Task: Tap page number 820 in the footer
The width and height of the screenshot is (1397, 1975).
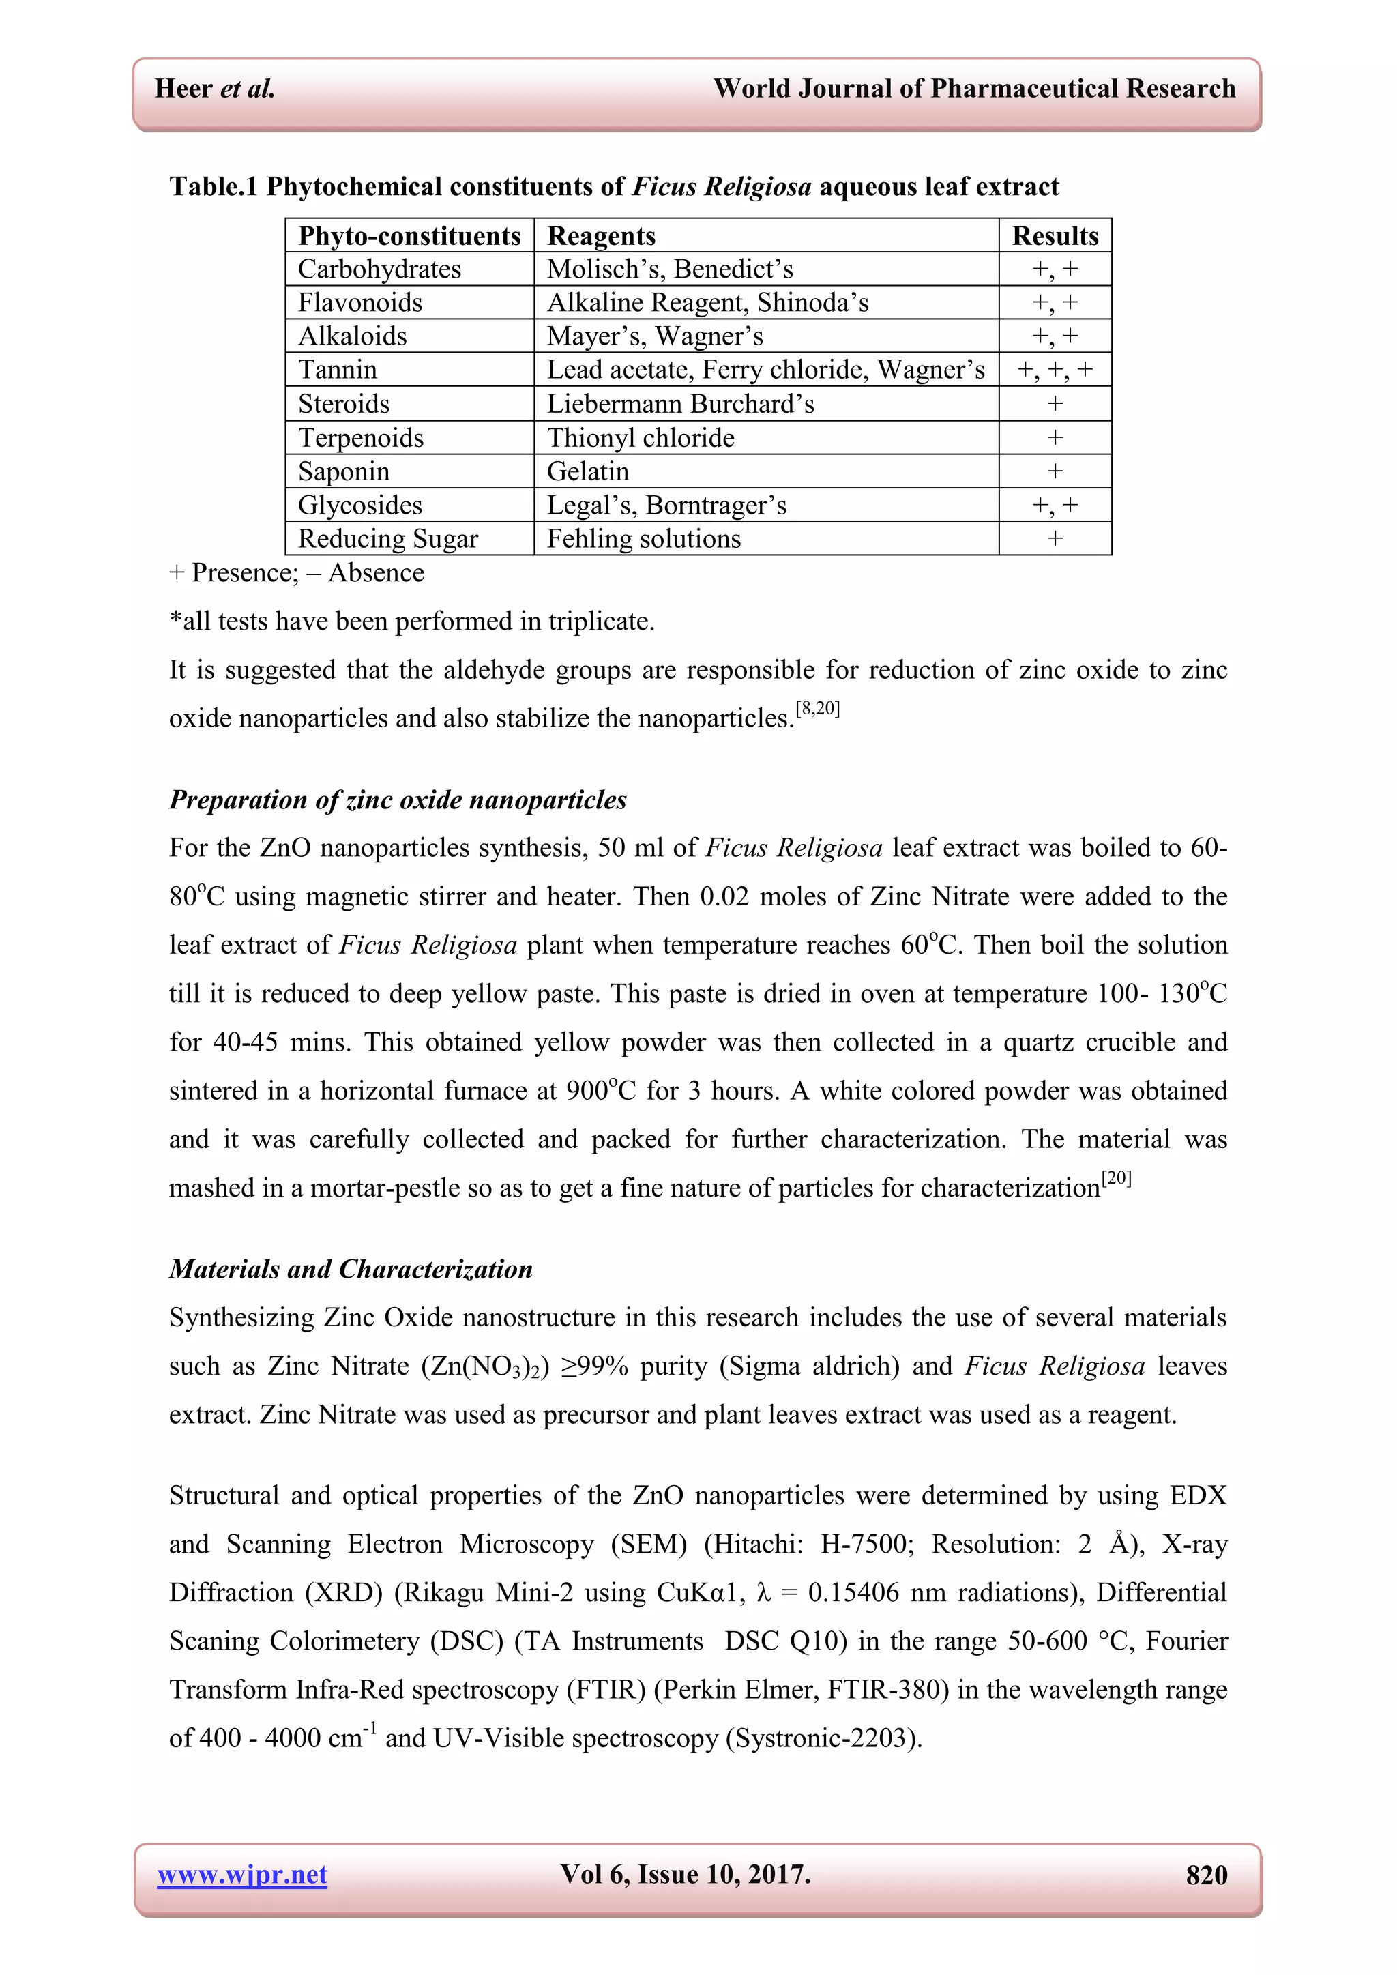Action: click(x=1206, y=1875)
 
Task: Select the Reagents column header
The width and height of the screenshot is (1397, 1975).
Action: click(x=601, y=235)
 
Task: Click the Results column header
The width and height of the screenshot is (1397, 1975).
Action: click(x=1055, y=235)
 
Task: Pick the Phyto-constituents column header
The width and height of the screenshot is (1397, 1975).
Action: click(x=409, y=235)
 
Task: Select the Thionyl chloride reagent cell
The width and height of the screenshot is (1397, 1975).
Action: click(x=641, y=438)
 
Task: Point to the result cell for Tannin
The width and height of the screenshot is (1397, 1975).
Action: click(x=1055, y=370)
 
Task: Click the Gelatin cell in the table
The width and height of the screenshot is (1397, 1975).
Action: click(x=589, y=471)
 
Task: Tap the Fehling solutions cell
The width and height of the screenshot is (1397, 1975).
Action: click(x=643, y=538)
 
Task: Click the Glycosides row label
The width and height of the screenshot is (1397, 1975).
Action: click(x=359, y=505)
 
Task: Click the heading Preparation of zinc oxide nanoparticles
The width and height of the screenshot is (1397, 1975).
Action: click(x=398, y=800)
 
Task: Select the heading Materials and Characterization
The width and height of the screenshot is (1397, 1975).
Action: click(x=351, y=1269)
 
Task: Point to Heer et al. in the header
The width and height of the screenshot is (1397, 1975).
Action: click(x=214, y=89)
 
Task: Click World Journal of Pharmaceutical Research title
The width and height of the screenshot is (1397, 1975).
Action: click(x=974, y=89)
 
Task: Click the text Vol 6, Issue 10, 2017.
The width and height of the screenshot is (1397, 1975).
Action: click(x=685, y=1874)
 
